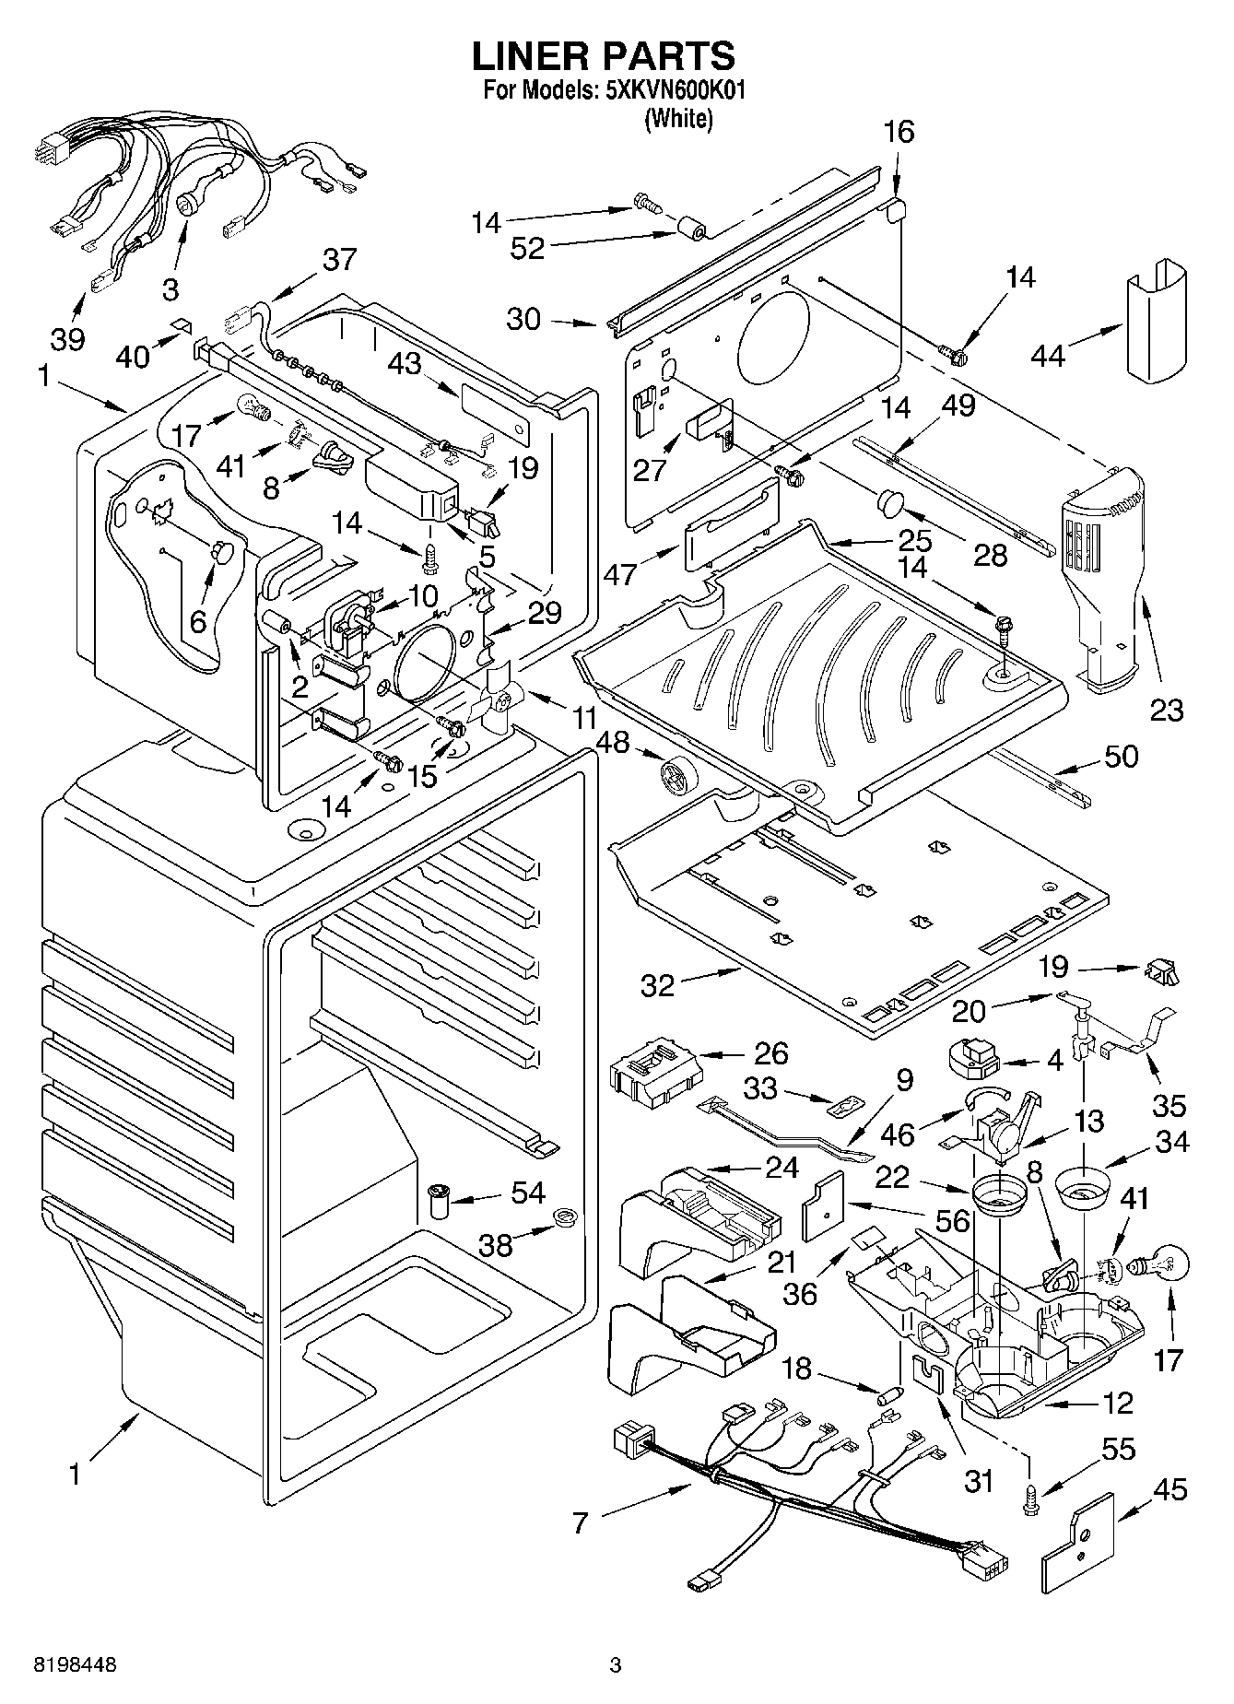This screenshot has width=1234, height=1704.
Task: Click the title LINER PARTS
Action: point(604,56)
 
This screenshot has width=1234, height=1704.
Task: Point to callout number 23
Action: point(1167,710)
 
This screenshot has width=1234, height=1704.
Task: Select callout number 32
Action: point(658,985)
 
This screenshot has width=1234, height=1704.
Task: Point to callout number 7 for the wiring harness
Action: point(579,1522)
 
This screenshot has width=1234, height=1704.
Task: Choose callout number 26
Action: point(771,1052)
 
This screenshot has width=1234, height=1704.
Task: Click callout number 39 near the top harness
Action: point(67,339)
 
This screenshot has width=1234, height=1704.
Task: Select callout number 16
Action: point(899,134)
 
